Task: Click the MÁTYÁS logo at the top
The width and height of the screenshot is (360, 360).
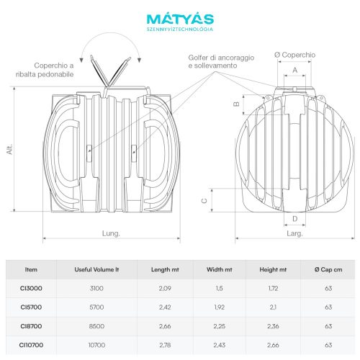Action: point(180,22)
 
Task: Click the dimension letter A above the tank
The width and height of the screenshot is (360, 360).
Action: point(295,70)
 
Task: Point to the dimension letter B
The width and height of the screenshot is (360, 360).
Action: point(237,104)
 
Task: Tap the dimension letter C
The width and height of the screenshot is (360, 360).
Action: point(204,200)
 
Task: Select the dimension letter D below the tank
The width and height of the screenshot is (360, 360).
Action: point(295,219)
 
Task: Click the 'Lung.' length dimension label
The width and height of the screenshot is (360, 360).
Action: point(111,233)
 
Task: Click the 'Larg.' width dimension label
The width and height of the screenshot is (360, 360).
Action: point(294,233)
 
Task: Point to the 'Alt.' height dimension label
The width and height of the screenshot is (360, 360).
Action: point(9,150)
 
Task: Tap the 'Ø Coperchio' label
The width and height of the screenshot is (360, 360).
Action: point(294,55)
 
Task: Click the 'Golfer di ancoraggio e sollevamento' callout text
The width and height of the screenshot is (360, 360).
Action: point(221,62)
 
